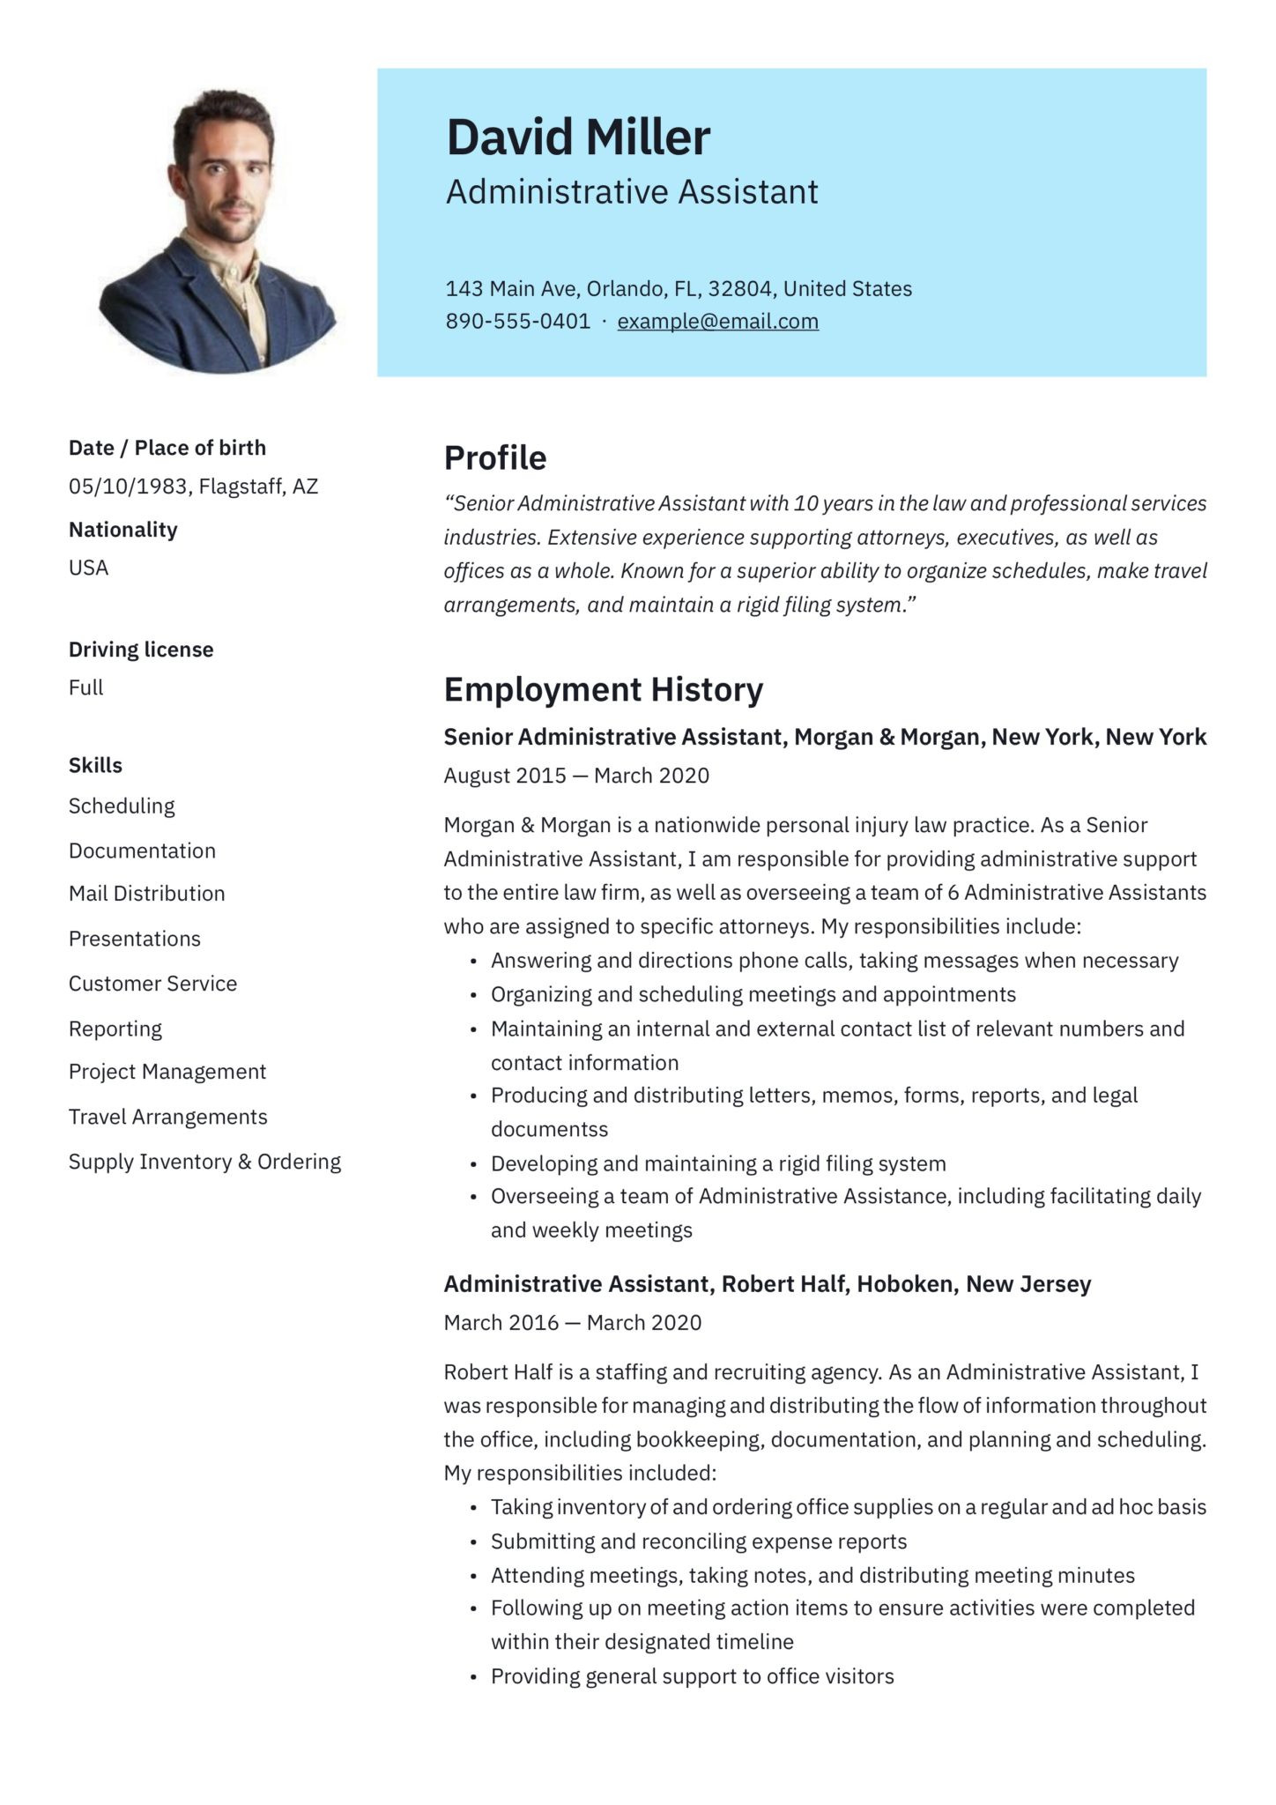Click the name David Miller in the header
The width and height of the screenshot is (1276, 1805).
[x=577, y=137]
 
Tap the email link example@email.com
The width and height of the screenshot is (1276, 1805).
[x=717, y=322]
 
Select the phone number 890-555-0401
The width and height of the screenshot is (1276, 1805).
[x=517, y=322]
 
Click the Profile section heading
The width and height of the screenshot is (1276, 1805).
[x=494, y=458]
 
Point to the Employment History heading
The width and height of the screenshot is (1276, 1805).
[x=603, y=689]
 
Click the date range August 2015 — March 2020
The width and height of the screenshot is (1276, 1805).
[x=575, y=776]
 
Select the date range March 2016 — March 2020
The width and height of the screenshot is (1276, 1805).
[x=572, y=1322]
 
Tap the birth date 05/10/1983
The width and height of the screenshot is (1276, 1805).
[x=127, y=487]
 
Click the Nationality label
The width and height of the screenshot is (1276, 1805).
[x=122, y=530]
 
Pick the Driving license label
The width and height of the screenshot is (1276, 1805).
[x=141, y=650]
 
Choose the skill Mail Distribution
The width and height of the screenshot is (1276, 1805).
[x=146, y=894]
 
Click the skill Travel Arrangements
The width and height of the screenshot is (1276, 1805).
[x=167, y=1117]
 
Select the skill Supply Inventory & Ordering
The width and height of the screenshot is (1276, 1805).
[x=204, y=1162]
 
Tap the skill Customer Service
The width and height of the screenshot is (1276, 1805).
[x=152, y=984]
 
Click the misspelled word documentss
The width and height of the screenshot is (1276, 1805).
[x=549, y=1129]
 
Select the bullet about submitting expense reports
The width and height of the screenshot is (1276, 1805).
[x=698, y=1541]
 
